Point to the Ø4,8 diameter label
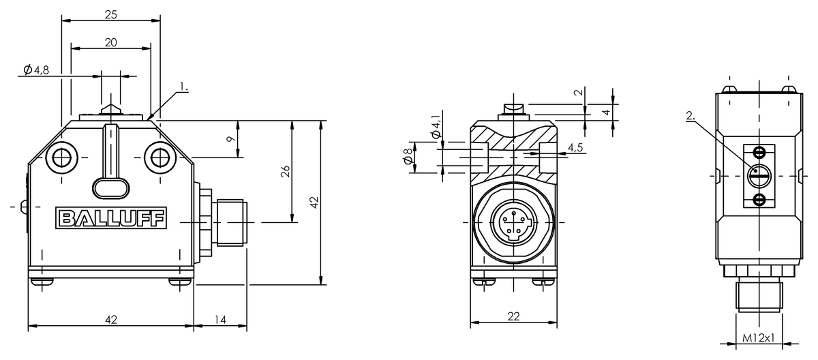pyautogui.click(x=35, y=70)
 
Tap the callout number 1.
pyautogui.click(x=183, y=87)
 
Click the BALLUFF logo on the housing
pyautogui.click(x=110, y=218)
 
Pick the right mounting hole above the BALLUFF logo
pyautogui.click(x=160, y=158)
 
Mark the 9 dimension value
pyautogui.click(x=231, y=138)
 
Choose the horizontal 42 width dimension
pyautogui.click(x=111, y=319)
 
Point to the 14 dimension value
pyautogui.click(x=221, y=319)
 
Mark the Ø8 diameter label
pyautogui.click(x=408, y=156)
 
